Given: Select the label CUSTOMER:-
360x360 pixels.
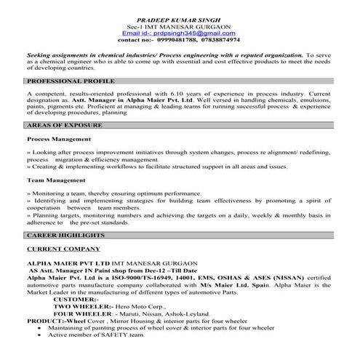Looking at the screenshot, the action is pos(75,299).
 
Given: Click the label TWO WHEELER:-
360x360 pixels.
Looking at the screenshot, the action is pos(81,306).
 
